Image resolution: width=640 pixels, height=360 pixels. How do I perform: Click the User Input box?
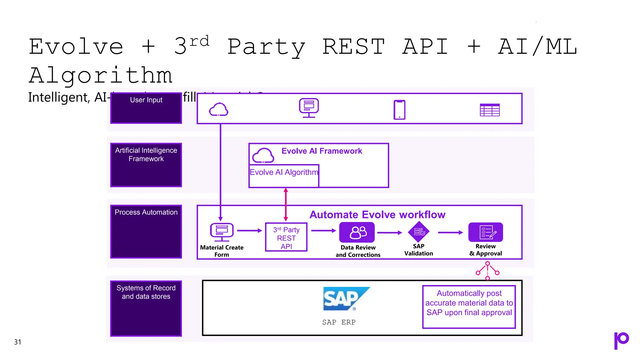146,108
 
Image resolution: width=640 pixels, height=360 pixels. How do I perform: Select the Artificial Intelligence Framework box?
146,165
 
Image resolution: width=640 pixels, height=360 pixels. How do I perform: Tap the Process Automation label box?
146,232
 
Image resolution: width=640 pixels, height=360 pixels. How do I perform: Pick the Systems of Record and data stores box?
146,308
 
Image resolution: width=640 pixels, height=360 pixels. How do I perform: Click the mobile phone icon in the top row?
399,110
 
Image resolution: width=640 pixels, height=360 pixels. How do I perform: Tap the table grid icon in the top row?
490,110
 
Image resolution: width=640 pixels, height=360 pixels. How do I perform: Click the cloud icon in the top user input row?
218,109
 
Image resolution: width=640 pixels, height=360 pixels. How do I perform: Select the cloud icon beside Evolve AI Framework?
263,155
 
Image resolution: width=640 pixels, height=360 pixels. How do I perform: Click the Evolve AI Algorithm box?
284,175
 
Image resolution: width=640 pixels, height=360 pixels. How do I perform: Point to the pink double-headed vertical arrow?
286,205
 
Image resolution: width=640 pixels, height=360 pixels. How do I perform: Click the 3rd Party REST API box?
286,237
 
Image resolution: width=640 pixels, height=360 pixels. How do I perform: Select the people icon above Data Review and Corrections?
357,232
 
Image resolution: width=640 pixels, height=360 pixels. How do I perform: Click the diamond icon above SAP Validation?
419,232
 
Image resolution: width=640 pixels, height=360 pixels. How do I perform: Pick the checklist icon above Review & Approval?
486,232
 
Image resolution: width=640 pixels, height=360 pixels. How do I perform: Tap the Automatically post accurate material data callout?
469,307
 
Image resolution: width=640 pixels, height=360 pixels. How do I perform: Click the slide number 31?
18,342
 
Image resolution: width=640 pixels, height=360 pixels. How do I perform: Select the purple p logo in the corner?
621,340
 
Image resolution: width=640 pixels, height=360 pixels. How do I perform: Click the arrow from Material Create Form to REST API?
249,231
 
